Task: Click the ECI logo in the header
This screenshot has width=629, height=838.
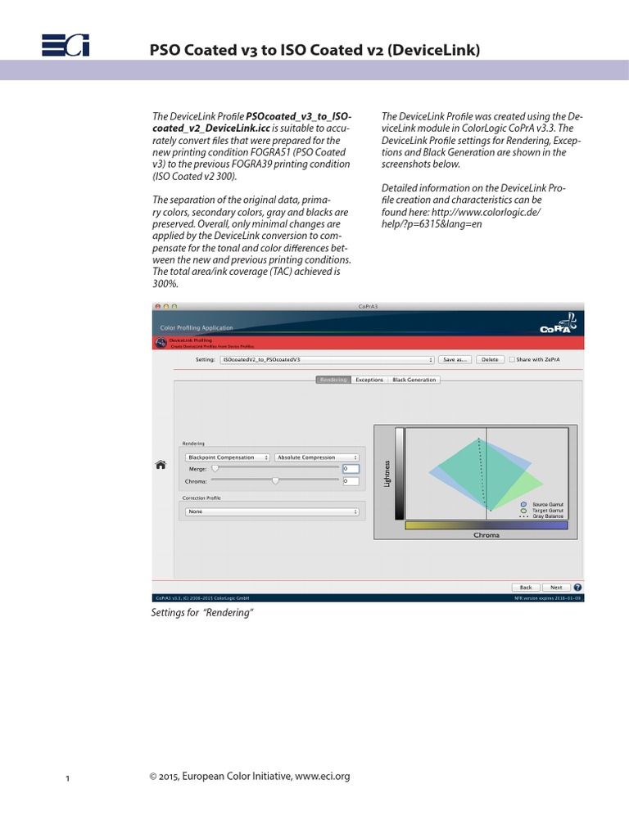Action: point(66,47)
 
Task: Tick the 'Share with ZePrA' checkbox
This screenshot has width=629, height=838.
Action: point(512,359)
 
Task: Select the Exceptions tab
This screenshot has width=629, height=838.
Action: point(369,380)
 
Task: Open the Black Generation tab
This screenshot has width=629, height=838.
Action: point(414,380)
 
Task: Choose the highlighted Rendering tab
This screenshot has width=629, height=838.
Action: point(333,380)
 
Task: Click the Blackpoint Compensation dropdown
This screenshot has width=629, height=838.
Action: point(228,457)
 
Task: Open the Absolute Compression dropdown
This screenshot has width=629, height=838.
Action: point(317,457)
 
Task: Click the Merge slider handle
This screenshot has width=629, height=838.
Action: point(215,469)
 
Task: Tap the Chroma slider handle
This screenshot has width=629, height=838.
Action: point(276,481)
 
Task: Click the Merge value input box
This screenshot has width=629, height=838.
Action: point(351,469)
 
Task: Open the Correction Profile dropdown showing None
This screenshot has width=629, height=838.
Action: point(272,511)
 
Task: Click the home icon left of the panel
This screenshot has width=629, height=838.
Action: point(161,465)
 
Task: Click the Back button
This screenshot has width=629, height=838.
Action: point(525,588)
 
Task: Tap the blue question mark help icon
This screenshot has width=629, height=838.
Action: point(578,588)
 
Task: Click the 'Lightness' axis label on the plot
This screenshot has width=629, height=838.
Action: point(387,473)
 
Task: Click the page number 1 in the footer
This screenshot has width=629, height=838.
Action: point(68,778)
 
